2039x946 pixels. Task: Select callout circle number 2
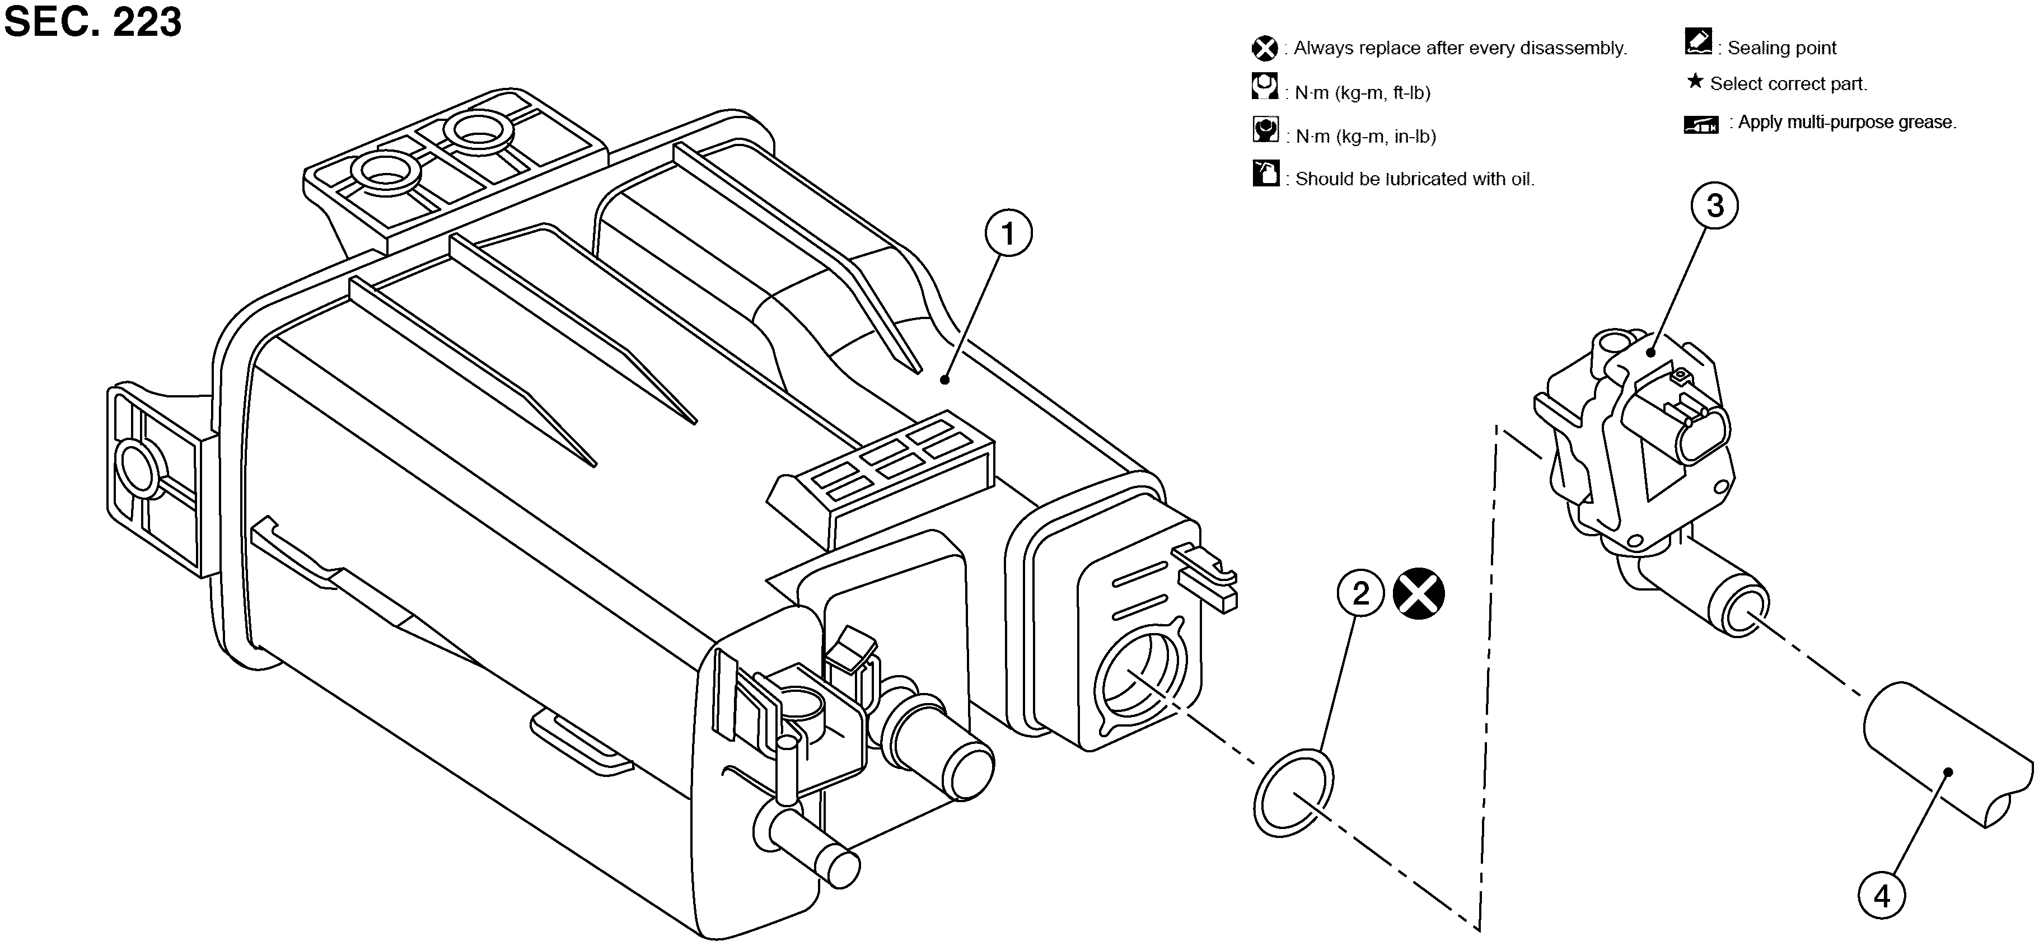click(1360, 594)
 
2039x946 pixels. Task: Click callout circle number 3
click(1714, 206)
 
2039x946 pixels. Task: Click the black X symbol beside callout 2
click(1419, 594)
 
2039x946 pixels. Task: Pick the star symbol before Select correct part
click(1695, 82)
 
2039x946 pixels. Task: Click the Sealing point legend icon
click(1699, 42)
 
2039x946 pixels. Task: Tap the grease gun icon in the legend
click(1701, 124)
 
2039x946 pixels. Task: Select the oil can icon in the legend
click(1266, 174)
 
